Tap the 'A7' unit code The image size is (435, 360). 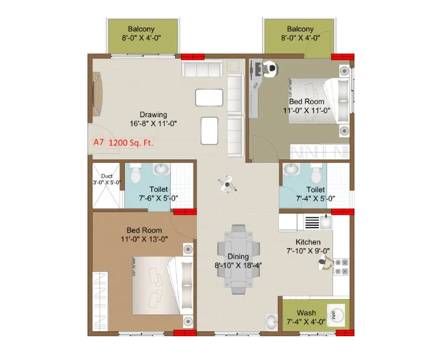(x=98, y=143)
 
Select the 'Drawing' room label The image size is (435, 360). (x=153, y=115)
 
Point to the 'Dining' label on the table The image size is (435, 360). (x=238, y=256)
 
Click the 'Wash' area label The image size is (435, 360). (x=306, y=313)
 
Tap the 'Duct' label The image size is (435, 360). (x=106, y=176)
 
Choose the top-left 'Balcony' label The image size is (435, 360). (x=142, y=29)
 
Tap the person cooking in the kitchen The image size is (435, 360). (x=324, y=263)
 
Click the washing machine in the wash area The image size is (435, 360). (x=336, y=314)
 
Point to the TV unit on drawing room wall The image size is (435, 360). (x=97, y=94)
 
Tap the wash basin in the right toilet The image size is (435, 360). (x=291, y=170)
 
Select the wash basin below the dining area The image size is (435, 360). (x=270, y=321)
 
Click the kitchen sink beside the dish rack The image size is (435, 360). (x=326, y=222)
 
